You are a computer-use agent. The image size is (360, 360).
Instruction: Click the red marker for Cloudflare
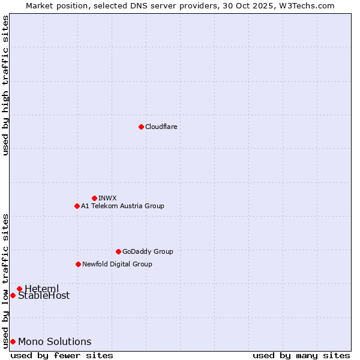pos(141,127)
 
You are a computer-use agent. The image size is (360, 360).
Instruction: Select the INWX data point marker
pos(94,198)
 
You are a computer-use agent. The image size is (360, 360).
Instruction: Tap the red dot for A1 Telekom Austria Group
pos(77,206)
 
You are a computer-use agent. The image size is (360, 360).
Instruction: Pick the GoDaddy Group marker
pos(118,251)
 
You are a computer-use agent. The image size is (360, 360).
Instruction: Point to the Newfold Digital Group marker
pos(78,264)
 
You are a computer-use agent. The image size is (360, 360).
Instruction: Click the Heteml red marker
pos(19,289)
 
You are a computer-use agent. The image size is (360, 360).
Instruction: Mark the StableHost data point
pos(13,295)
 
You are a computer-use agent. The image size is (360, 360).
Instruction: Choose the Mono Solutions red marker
pos(13,341)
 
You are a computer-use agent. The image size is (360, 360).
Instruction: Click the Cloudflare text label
pos(161,127)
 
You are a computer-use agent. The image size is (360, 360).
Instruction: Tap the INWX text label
pos(107,198)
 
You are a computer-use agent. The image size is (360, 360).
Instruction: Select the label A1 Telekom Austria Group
pos(122,206)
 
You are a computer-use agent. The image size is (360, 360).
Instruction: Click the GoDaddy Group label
pos(148,251)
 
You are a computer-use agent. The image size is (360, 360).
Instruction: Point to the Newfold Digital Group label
pos(117,264)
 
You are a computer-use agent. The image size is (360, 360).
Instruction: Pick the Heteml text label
pos(42,289)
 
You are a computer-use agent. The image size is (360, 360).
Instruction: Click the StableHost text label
pos(44,295)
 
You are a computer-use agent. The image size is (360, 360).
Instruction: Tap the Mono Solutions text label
pos(55,341)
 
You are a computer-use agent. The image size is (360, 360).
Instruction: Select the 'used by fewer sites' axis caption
pos(62,355)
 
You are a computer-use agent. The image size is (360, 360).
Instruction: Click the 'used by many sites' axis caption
pos(301,355)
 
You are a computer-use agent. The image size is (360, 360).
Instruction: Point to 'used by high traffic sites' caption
pos(5,85)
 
